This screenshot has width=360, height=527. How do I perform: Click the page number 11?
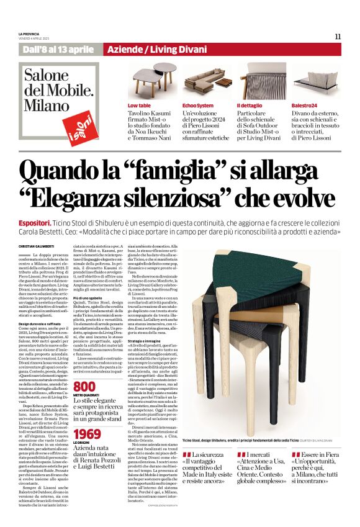pos(338,36)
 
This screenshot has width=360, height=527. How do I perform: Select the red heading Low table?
pos(139,106)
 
